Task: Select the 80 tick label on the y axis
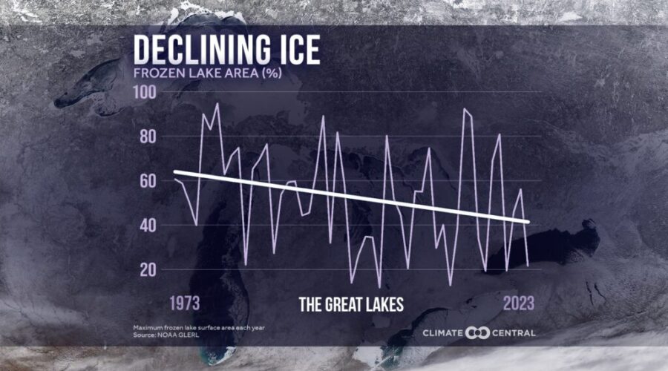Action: [x=148, y=137]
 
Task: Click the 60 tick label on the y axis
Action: [x=148, y=180]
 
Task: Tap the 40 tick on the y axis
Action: [x=148, y=225]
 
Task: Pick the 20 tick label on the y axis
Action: [x=148, y=269]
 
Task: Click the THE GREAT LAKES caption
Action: [x=352, y=304]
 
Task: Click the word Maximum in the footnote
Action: [x=149, y=327]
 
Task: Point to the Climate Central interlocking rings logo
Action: [x=478, y=332]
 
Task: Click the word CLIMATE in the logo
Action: [x=443, y=332]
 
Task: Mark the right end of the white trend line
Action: [x=529, y=222]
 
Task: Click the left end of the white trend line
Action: [x=174, y=172]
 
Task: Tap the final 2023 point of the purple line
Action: [x=528, y=265]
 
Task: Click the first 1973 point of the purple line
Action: [x=174, y=179]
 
